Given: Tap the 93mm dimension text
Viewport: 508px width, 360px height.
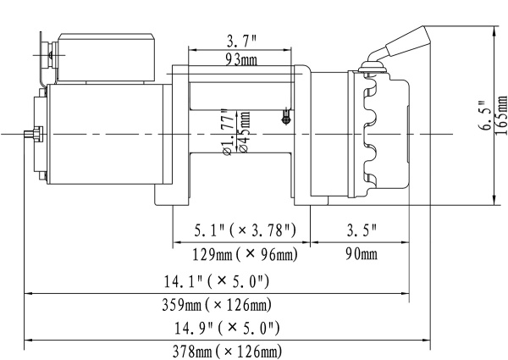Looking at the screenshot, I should pos(241,59).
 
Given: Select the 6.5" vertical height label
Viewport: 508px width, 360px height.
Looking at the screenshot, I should pos(483,114).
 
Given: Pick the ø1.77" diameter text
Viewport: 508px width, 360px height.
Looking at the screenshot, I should pos(227,134).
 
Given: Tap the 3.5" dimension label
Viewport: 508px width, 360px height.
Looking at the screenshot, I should pos(362,230).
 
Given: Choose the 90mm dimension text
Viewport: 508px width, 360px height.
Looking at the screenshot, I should pos(362,254).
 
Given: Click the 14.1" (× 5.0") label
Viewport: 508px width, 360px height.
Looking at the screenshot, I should pos(217,281).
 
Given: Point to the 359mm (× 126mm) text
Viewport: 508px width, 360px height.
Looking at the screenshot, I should pos(217,304).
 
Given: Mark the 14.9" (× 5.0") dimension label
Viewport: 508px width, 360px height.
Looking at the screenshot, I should pos(227,327).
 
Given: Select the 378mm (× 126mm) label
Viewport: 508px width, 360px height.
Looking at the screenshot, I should pos(227,350).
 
